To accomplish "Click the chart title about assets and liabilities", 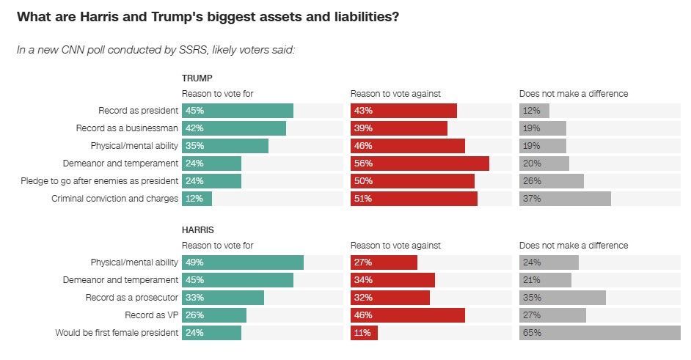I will tap(208, 17).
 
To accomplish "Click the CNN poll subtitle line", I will tap(156, 50).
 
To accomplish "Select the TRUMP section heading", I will tap(197, 78).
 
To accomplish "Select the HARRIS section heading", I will tap(198, 229).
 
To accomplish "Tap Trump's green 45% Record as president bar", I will tap(238, 111).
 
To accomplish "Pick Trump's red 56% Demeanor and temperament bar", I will tap(420, 164).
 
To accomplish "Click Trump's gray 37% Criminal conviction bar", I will tap(565, 199).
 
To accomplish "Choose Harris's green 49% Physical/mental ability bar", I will tap(243, 262).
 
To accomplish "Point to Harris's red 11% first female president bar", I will tap(364, 333).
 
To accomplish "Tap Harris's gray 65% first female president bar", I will tap(600, 333).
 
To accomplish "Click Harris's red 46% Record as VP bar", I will tap(408, 315).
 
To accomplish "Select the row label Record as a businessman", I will tap(131, 128).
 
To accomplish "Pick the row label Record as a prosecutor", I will tap(132, 298).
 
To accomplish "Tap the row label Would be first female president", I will tap(117, 333).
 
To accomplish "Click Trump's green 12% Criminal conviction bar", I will tap(197, 199).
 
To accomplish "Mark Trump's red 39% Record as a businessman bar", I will tap(399, 128).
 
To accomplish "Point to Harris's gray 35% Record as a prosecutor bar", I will tap(563, 298).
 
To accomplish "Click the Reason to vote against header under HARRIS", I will tap(395, 246).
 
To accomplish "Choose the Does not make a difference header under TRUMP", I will tap(574, 94).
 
